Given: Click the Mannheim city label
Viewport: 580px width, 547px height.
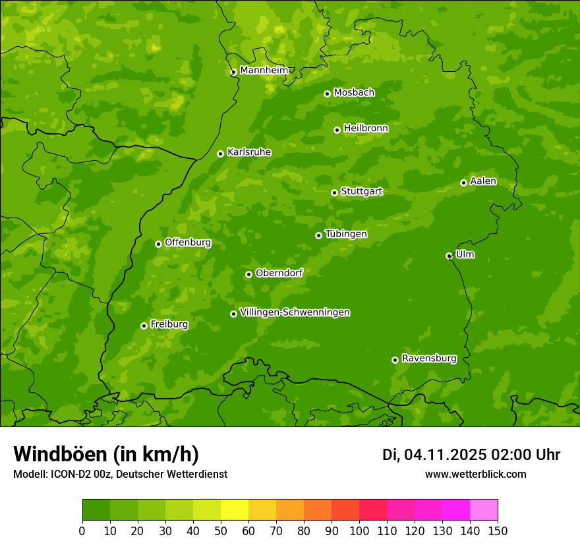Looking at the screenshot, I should [x=264, y=71].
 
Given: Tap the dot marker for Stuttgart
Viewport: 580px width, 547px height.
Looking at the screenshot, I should [x=334, y=192].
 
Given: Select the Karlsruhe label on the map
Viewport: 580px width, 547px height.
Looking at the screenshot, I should [x=248, y=152].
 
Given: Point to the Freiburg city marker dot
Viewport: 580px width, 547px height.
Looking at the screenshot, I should [x=144, y=326].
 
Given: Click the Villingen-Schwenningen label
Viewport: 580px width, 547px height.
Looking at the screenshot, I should [x=295, y=312].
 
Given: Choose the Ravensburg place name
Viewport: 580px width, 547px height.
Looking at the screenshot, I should [x=428, y=359].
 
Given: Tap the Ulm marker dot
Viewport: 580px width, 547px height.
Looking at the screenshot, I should [x=449, y=256].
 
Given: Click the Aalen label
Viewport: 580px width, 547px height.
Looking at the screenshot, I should [x=482, y=181].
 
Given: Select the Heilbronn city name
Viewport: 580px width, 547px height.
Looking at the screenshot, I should [x=365, y=129].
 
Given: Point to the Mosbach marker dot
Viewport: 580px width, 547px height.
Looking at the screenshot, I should [x=327, y=94].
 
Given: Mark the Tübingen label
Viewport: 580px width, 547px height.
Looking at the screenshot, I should [x=345, y=234].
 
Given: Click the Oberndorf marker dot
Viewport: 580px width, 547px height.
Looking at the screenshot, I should [x=248, y=274].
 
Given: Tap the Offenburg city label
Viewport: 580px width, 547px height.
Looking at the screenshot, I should [x=187, y=243].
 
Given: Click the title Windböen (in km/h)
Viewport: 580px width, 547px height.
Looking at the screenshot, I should [x=105, y=454].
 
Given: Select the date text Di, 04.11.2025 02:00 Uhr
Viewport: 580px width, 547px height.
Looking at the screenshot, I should [x=471, y=455].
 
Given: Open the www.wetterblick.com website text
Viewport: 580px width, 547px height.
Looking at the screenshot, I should [x=475, y=474].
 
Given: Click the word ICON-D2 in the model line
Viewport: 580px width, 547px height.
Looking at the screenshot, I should [x=68, y=474].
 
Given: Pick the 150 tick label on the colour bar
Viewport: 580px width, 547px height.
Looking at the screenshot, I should [x=498, y=531].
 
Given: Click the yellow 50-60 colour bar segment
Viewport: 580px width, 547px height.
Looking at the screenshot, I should [x=234, y=510].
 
